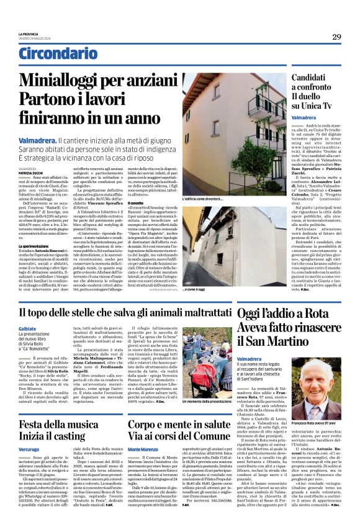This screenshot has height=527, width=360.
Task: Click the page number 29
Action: (x=336, y=37)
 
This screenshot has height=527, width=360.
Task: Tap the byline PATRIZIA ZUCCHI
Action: (x=32, y=172)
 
